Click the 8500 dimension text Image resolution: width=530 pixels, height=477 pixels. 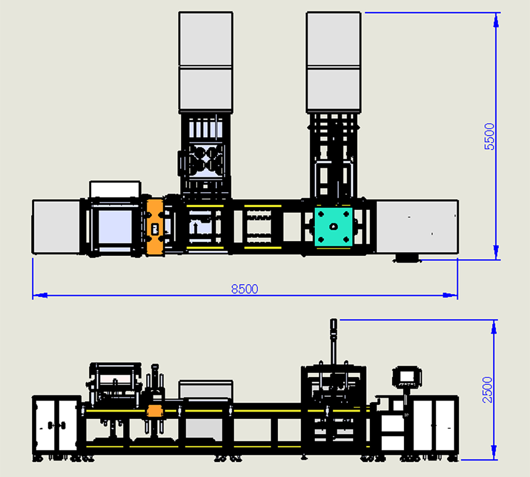click(x=244, y=289)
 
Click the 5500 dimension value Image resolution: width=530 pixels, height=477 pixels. click(x=489, y=137)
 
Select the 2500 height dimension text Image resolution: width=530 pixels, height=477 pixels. click(x=488, y=390)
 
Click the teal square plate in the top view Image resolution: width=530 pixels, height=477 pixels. click(x=333, y=226)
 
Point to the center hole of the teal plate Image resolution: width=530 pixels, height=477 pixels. click(x=333, y=226)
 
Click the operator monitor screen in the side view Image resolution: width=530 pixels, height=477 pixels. click(x=407, y=376)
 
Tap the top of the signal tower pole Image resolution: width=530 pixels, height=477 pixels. click(x=333, y=322)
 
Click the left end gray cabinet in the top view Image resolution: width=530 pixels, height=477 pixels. click(x=56, y=226)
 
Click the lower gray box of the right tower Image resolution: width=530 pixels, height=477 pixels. click(x=333, y=90)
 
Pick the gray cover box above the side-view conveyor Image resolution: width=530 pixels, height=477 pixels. click(x=206, y=389)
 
